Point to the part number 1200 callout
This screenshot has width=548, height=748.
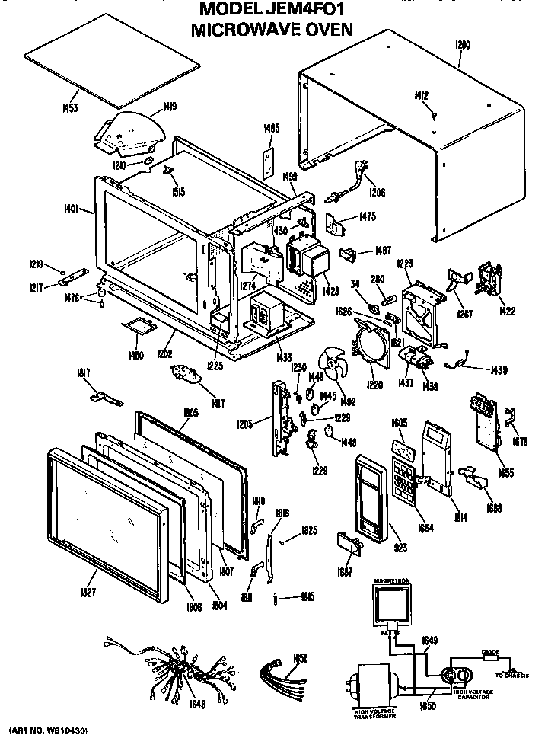(x=461, y=46)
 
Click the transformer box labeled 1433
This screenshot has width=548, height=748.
(x=267, y=312)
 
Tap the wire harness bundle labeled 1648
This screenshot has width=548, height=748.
(x=175, y=666)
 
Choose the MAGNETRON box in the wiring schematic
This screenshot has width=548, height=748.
(x=393, y=610)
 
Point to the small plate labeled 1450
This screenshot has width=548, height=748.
(x=139, y=325)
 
